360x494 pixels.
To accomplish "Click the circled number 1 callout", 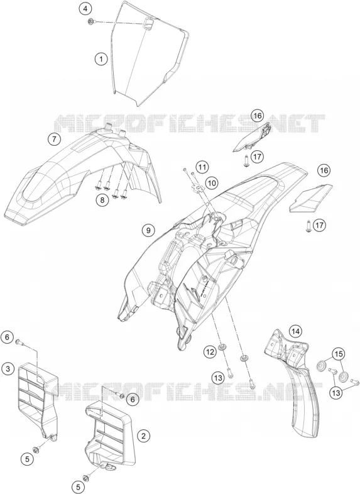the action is tap(101, 58).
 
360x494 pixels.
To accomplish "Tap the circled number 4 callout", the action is tap(85, 9).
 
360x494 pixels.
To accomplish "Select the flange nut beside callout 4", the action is tap(90, 22).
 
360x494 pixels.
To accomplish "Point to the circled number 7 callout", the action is tap(54, 139).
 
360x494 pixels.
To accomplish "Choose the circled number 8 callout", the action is tap(103, 199).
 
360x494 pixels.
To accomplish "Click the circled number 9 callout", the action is tap(148, 230).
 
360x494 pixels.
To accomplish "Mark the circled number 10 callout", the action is tap(212, 182).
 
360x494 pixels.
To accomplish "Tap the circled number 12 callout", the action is tap(210, 351).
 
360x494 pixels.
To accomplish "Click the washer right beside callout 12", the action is tap(222, 347).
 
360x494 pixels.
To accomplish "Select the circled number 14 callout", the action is tap(295, 331).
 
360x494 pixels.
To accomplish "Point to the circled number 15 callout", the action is tap(339, 354).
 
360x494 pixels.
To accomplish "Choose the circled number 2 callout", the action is tap(144, 436).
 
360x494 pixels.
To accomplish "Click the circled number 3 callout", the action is tap(8, 368).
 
